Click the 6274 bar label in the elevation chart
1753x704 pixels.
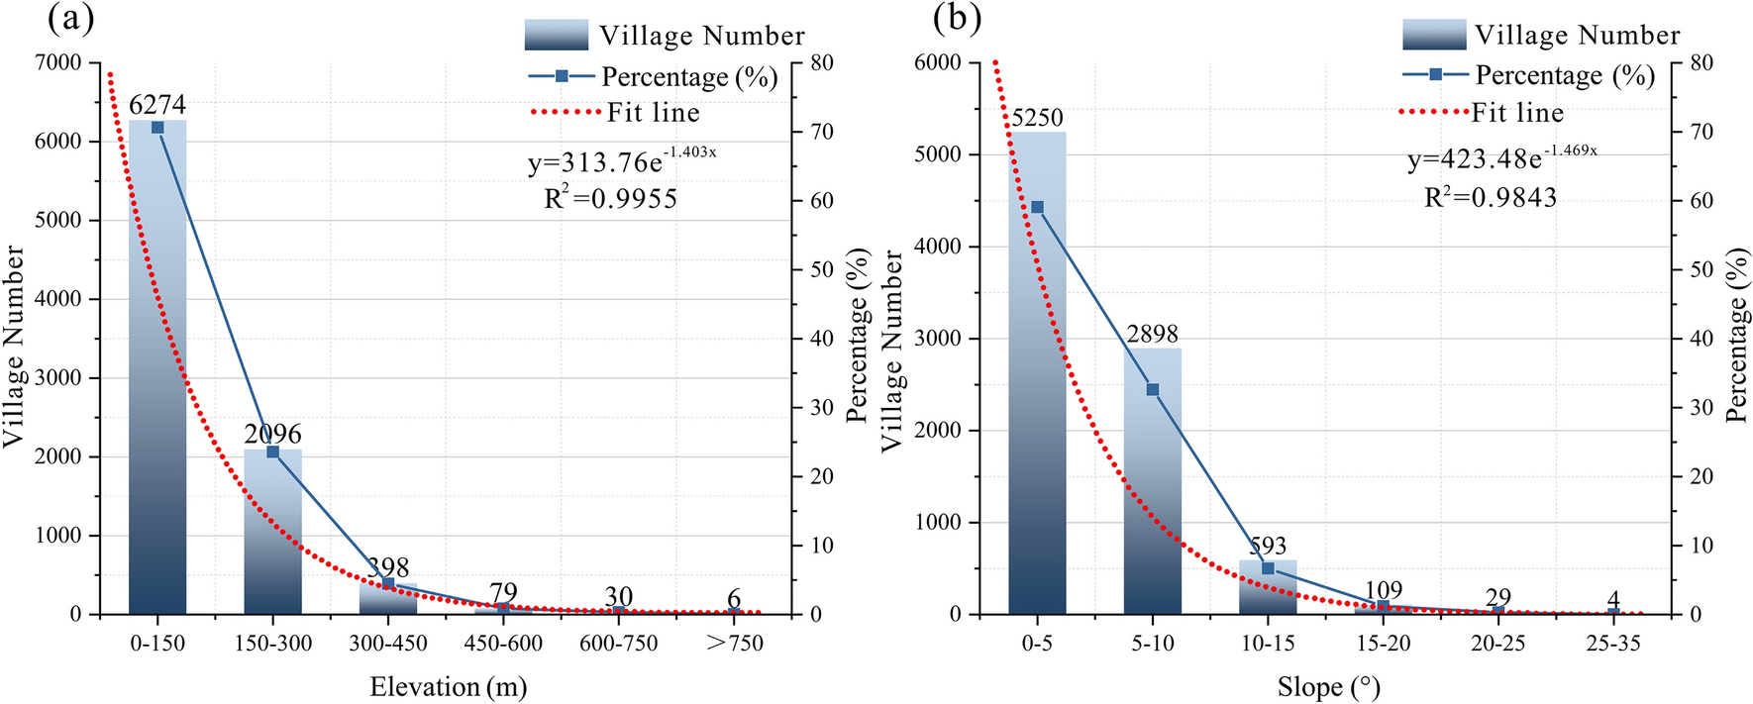pos(157,105)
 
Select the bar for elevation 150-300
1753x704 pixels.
pos(272,535)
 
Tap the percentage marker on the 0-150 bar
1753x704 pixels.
pos(157,128)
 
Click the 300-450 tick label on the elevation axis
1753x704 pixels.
pos(388,644)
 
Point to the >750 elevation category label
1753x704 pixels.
pos(734,644)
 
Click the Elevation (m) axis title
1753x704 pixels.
pos(448,687)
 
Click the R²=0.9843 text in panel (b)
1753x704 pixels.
pos(1491,198)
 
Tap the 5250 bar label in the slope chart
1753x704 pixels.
pos(1037,118)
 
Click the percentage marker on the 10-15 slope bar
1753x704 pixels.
pos(1268,568)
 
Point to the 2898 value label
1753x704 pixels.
pos(1152,335)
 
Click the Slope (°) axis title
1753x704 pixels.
pos(1328,687)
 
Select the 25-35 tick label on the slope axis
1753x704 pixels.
pos(1613,644)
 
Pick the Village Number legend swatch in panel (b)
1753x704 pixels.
pos(1433,35)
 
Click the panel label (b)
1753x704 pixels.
pos(957,18)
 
